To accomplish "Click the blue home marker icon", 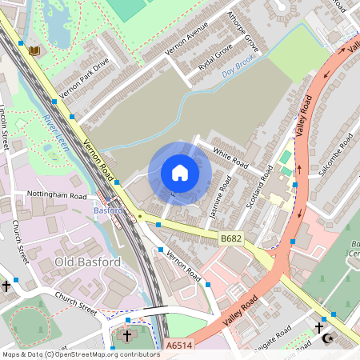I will click(x=179, y=172).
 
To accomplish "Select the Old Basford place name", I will click(x=87, y=262).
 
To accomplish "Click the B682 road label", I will click(x=230, y=238).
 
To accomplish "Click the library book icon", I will click(x=34, y=51).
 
